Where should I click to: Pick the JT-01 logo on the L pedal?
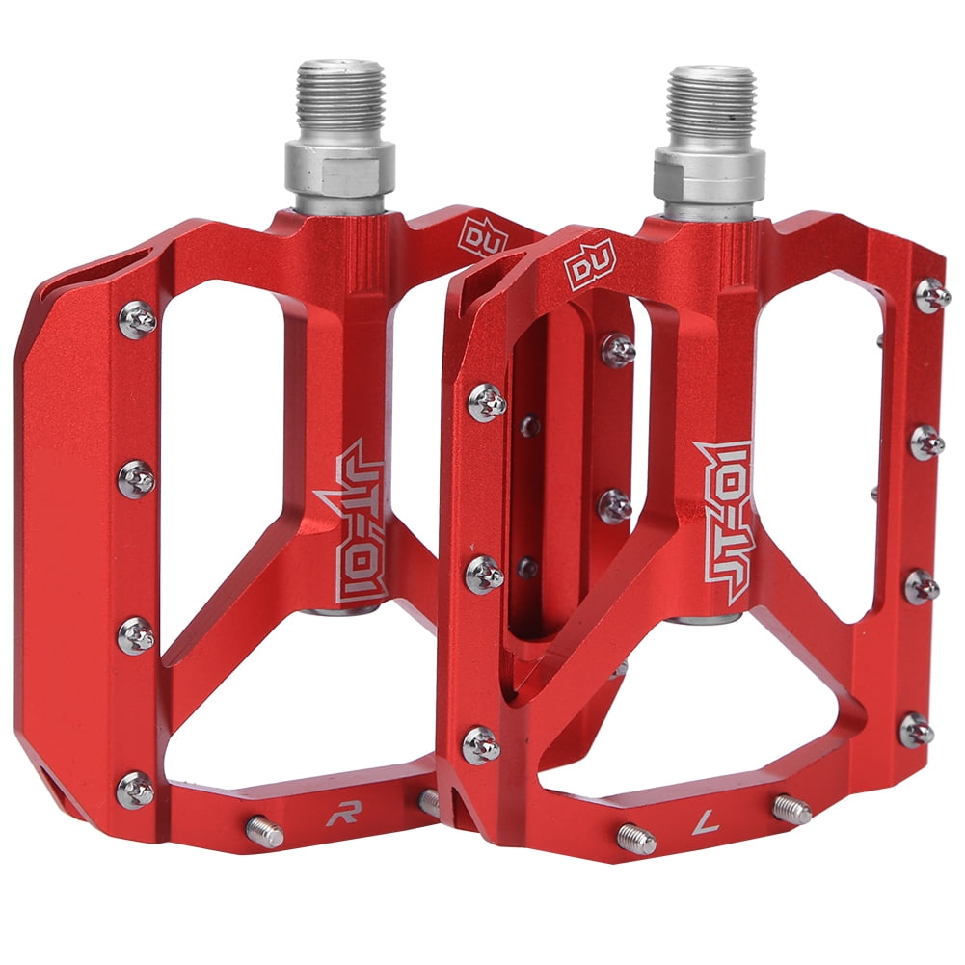click(723, 522)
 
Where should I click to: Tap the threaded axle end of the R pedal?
click(340, 96)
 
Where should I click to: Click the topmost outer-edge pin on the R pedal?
click(137, 319)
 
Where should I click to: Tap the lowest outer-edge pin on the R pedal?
click(135, 790)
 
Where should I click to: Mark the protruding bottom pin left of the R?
click(264, 831)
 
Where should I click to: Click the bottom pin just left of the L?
click(636, 838)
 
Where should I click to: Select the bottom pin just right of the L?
click(791, 809)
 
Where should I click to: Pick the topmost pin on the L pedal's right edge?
click(931, 295)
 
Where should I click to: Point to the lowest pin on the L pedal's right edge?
click(916, 730)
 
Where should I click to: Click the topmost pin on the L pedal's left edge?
click(487, 402)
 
